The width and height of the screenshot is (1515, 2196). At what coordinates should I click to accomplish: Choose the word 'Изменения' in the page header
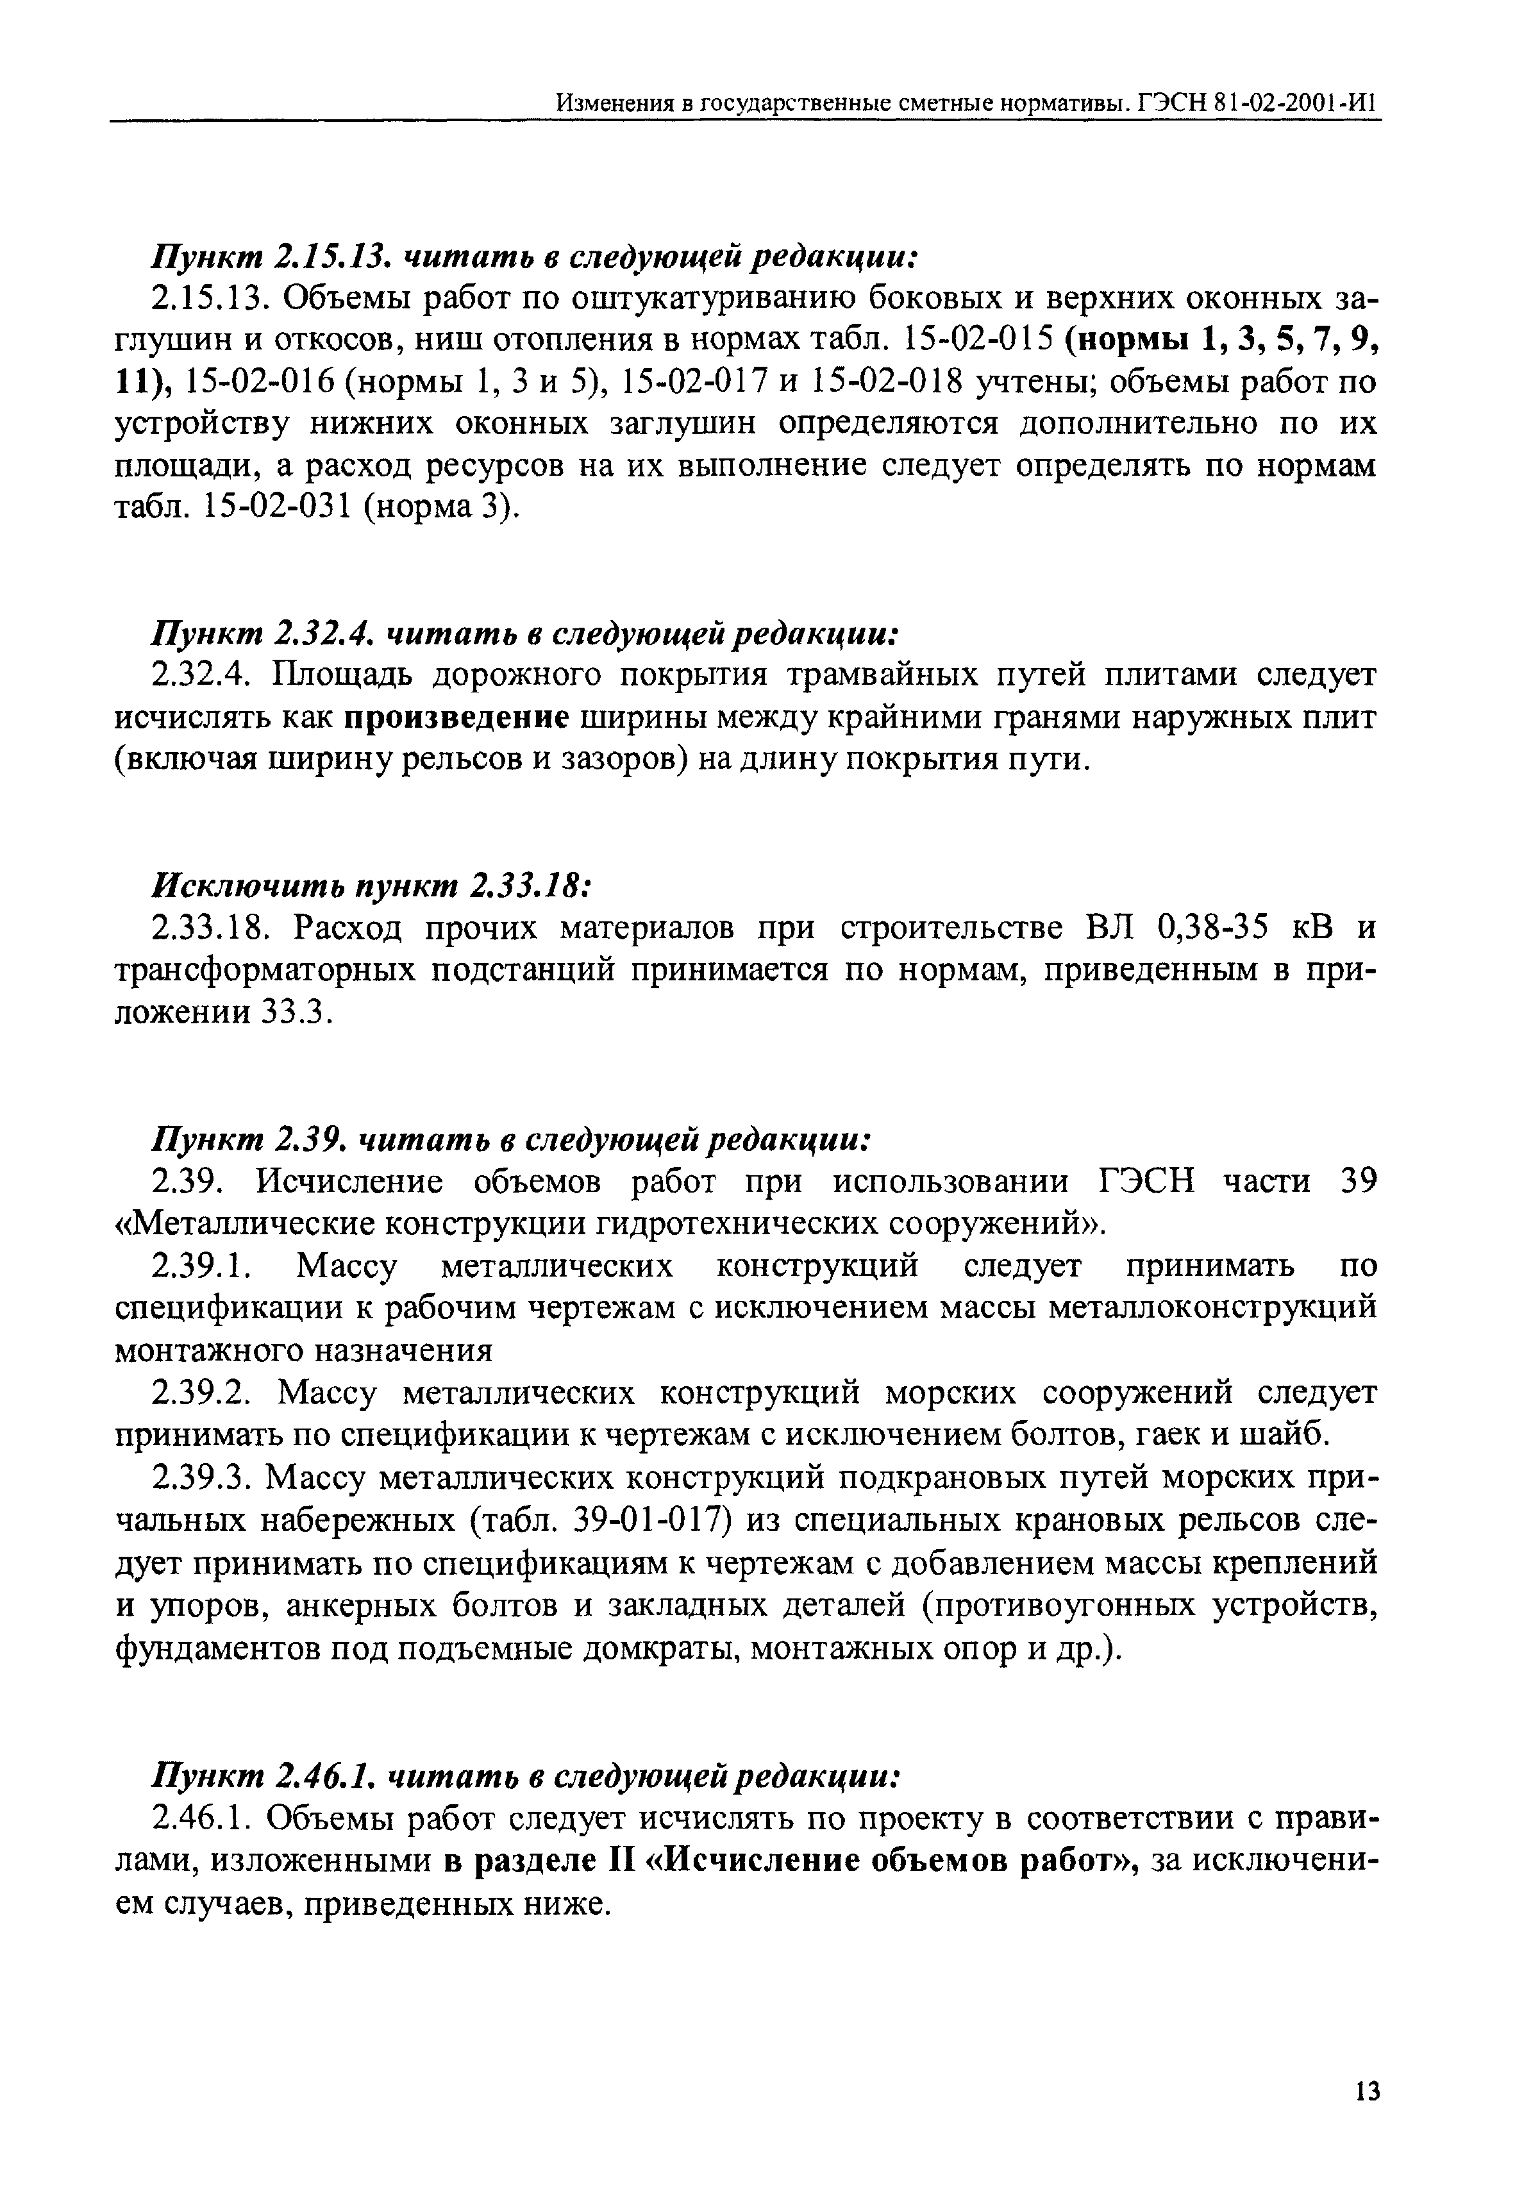614,101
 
